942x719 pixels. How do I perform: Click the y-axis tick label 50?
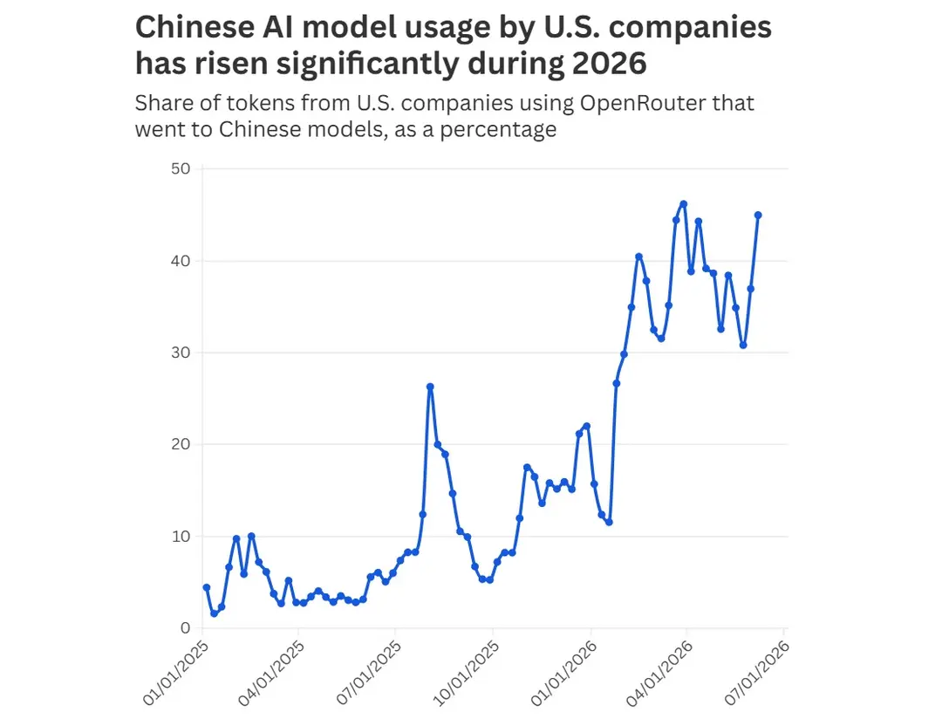click(181, 169)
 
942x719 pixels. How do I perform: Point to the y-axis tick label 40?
click(181, 261)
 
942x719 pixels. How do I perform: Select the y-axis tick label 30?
click(181, 353)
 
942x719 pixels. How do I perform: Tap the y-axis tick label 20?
click(181, 444)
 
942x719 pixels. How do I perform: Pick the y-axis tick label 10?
click(181, 537)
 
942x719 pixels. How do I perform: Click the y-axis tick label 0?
click(185, 628)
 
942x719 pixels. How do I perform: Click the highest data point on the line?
click(683, 204)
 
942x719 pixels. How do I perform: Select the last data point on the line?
click(758, 216)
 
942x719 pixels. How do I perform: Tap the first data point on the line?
click(207, 587)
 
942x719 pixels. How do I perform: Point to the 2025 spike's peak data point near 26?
click(430, 387)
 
